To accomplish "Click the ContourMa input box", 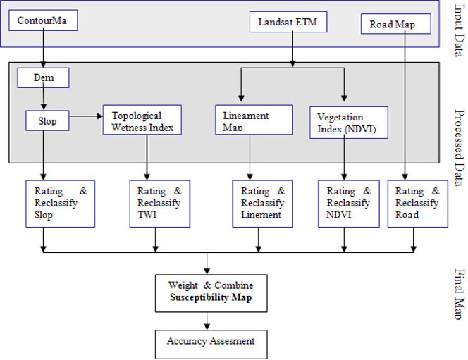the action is [x=43, y=20].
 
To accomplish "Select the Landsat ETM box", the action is [x=288, y=22].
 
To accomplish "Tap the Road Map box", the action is [x=396, y=24].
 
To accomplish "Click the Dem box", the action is [x=43, y=77].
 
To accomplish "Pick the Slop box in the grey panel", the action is [x=47, y=120].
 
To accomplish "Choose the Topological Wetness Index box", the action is [x=142, y=120].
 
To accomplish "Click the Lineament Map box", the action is [x=254, y=120].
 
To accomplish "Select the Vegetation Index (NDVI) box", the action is [x=349, y=123].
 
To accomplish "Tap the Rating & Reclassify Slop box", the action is [x=61, y=204].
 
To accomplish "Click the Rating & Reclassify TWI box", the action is [x=160, y=204].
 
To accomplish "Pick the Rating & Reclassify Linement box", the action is [x=263, y=204].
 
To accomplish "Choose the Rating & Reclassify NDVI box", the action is [x=349, y=204].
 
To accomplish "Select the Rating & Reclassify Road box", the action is [x=418, y=204].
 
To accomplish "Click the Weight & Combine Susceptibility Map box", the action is [x=211, y=294].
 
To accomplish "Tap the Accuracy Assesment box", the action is [x=211, y=345].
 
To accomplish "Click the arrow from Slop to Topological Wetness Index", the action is [x=86, y=116].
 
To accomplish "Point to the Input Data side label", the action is [x=460, y=30].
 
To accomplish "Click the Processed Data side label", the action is [x=460, y=147].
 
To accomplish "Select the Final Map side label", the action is [x=460, y=294].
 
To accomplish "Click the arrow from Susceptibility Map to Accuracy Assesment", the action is [x=207, y=321].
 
